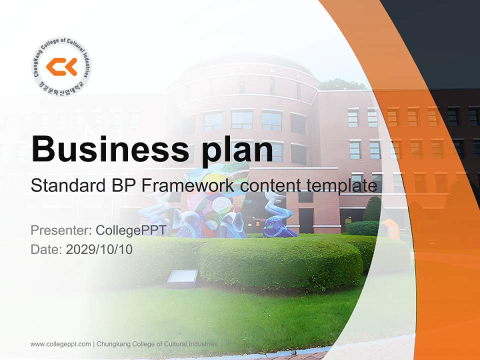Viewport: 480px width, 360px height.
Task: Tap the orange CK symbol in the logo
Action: [x=61, y=66]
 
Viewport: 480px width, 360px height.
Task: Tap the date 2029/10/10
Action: [x=99, y=249]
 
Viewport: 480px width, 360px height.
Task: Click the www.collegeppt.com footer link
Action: [x=60, y=344]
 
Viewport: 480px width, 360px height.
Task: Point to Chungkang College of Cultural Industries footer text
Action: [x=156, y=344]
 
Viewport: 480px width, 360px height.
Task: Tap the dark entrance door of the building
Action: [x=305, y=220]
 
